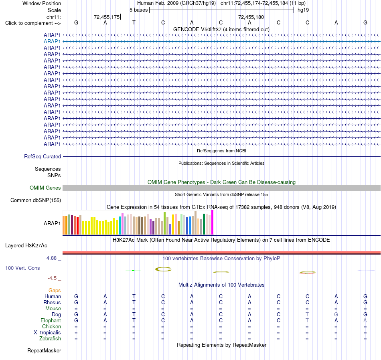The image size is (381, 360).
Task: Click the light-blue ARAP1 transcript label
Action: coord(52,42)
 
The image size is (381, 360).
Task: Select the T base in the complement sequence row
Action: coord(134,23)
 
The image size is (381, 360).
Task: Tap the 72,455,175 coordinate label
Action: coord(107,17)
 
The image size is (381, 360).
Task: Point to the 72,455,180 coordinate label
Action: coord(251,17)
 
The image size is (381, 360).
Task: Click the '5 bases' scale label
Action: coord(138,10)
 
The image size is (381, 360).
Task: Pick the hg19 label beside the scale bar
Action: coord(303,10)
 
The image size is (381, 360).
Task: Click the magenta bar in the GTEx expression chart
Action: coord(213,222)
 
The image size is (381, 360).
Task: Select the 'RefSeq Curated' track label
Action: coord(43,157)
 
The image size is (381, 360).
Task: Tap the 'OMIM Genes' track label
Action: coord(45,188)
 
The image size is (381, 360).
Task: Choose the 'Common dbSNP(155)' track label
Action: coord(36,200)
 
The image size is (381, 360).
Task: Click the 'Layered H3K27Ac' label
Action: coord(26,246)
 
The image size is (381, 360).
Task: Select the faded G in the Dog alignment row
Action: coord(336,315)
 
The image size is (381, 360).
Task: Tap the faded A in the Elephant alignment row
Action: coord(365,321)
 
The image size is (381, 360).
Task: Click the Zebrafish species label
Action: coord(50,339)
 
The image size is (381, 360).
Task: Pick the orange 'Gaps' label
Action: coord(55,291)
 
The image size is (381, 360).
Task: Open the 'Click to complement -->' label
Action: coord(33,23)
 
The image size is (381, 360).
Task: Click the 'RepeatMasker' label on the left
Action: coord(44,350)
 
